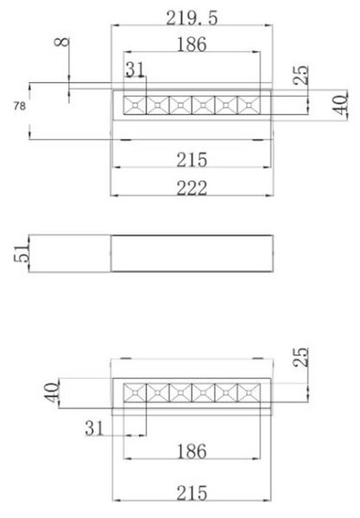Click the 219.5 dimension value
pyautogui.click(x=192, y=18)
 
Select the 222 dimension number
pyautogui.click(x=192, y=188)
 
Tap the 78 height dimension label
pyautogui.click(x=20, y=106)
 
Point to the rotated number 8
pyautogui.click(x=62, y=42)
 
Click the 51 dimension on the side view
pyautogui.click(x=22, y=253)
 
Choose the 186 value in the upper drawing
pyautogui.click(x=192, y=44)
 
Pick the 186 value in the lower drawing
pyautogui.click(x=192, y=452)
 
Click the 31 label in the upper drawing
pyautogui.click(x=135, y=70)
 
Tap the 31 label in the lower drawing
pyautogui.click(x=94, y=428)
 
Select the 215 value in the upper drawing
pyautogui.click(x=192, y=160)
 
